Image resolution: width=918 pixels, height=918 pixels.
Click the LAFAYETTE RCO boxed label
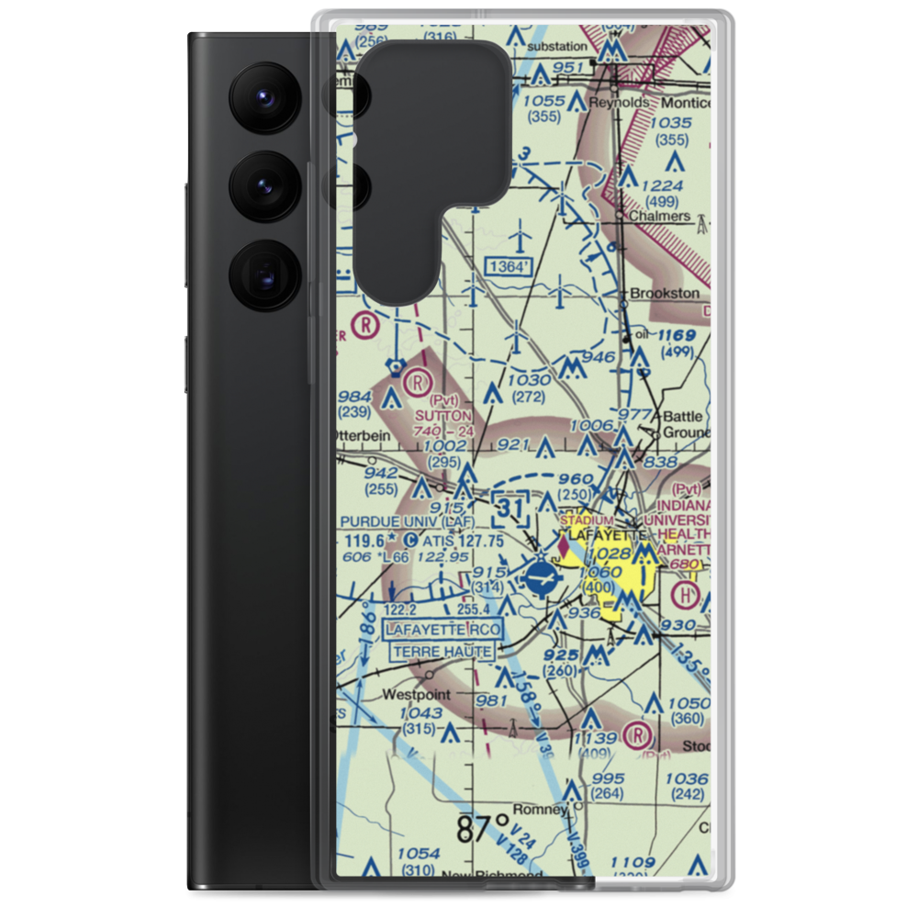[x=444, y=629]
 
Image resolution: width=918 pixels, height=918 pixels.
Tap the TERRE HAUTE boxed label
[x=444, y=652]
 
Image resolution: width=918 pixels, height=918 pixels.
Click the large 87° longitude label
[x=483, y=828]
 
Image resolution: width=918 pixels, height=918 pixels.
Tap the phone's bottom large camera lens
[x=263, y=274]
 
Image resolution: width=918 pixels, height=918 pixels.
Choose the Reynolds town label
[x=617, y=102]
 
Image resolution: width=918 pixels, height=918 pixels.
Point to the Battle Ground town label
[x=686, y=423]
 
